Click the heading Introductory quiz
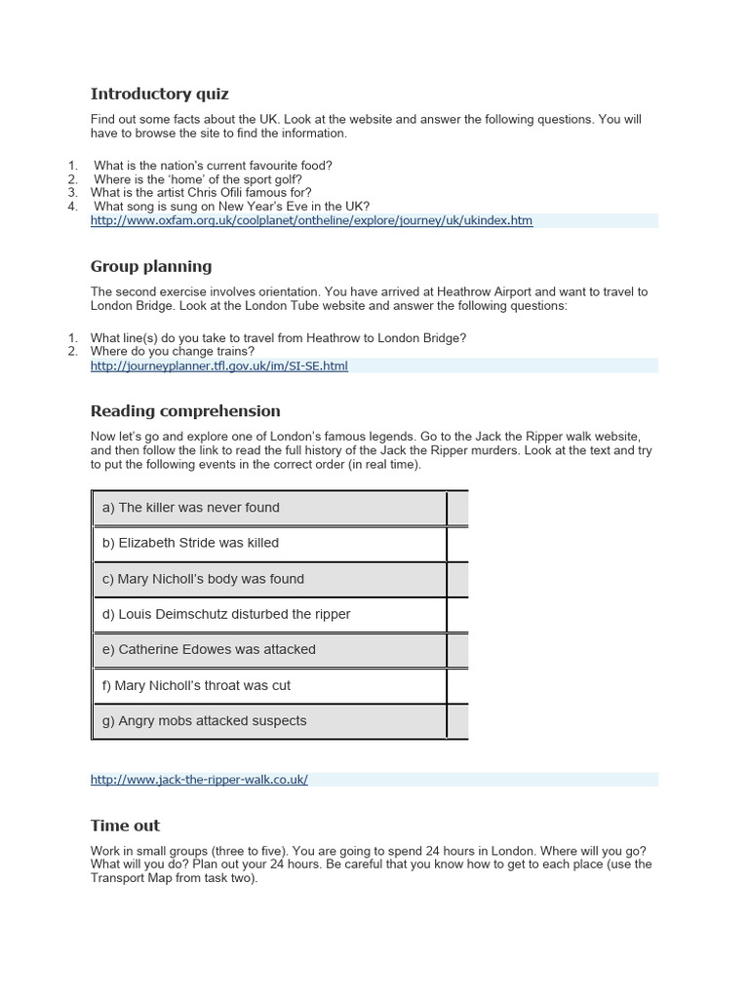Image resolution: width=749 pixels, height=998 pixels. [159, 94]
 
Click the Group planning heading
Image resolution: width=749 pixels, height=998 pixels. [150, 266]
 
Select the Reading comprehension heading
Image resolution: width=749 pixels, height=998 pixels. [185, 410]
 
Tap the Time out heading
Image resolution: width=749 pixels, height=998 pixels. [125, 825]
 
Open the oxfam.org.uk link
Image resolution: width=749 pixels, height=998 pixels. [311, 220]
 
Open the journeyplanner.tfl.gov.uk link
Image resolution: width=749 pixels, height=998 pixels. [218, 365]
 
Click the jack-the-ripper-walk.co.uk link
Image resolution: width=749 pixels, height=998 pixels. [199, 780]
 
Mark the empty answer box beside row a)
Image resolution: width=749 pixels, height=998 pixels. [457, 508]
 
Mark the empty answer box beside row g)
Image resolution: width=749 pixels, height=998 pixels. [457, 721]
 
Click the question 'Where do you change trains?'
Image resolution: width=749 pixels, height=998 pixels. [172, 351]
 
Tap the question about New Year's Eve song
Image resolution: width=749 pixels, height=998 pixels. [231, 207]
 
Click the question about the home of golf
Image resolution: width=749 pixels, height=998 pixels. [197, 179]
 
